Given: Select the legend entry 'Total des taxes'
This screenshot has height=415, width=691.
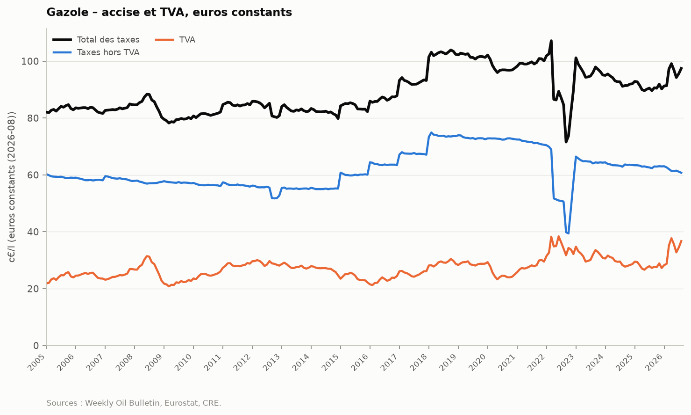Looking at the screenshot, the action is point(96,40).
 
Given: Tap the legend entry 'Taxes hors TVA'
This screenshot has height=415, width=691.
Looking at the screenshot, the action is point(96,52).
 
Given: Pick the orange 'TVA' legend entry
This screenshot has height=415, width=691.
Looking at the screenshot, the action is point(175,40).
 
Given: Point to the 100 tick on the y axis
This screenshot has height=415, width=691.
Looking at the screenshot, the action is point(30,61).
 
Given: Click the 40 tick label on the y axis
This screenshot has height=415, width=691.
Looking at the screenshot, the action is point(33,232).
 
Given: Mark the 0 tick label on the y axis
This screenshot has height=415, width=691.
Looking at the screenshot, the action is point(36,345).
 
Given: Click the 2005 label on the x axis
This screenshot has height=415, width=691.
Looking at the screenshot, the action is point(37,362).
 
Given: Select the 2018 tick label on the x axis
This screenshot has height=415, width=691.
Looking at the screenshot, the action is point(420,362).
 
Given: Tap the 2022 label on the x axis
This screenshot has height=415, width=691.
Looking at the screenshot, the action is point(537,362).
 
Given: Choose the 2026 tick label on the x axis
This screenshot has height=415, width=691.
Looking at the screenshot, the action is point(655,362).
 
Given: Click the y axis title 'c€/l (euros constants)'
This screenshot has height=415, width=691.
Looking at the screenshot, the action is point(12,187).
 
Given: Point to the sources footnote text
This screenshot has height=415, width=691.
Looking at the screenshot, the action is point(134,403).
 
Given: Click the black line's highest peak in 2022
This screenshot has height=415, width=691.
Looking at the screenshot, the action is point(551,41).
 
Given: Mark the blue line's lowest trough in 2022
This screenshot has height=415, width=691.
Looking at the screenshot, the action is point(568,233).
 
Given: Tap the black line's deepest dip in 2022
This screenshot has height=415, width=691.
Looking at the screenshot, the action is point(566,142).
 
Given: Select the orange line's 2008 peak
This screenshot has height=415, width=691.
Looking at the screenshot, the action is point(147,256).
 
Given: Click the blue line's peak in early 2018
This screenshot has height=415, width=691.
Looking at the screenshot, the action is point(432,132).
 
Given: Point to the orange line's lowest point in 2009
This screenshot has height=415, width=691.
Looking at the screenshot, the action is point(169,286).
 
